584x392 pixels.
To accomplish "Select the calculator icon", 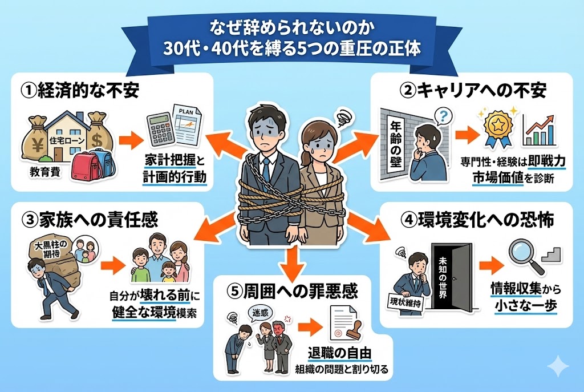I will (x=160, y=130).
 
